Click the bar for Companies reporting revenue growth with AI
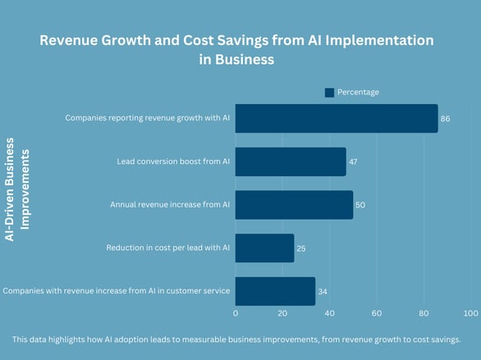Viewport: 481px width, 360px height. pos(337,118)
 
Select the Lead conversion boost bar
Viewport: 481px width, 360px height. pos(291,162)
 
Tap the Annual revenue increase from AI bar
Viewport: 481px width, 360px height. pos(294,205)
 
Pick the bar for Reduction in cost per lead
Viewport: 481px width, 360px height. pos(264,248)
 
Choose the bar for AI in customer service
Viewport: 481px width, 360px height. pos(275,291)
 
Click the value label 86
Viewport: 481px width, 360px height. pos(446,119)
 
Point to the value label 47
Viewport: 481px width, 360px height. pos(353,162)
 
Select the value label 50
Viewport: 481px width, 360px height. pos(360,205)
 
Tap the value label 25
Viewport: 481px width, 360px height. pos(301,248)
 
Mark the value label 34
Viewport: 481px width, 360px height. pos(323,291)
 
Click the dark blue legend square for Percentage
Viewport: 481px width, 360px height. pos(329,93)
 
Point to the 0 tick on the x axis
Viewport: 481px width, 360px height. pos(236,313)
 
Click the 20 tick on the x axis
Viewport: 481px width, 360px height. pos(282,313)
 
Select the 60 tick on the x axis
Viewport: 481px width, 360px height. pos(377,313)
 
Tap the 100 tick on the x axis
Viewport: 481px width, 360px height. pos(470,313)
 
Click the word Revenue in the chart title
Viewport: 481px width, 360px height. pos(73,40)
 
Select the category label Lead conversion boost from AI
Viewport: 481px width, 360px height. pos(174,162)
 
